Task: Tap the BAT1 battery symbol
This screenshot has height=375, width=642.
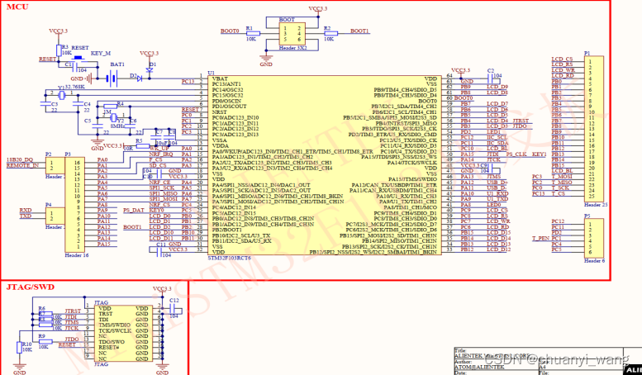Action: tap(117, 74)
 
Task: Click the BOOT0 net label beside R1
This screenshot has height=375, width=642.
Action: tap(230, 31)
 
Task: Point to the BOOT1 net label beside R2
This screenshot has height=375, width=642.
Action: tap(360, 31)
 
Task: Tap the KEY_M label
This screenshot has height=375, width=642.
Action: tap(100, 53)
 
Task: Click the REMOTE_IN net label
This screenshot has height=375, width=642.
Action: tap(22, 165)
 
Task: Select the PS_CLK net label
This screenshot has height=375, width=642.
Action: tap(516, 154)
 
